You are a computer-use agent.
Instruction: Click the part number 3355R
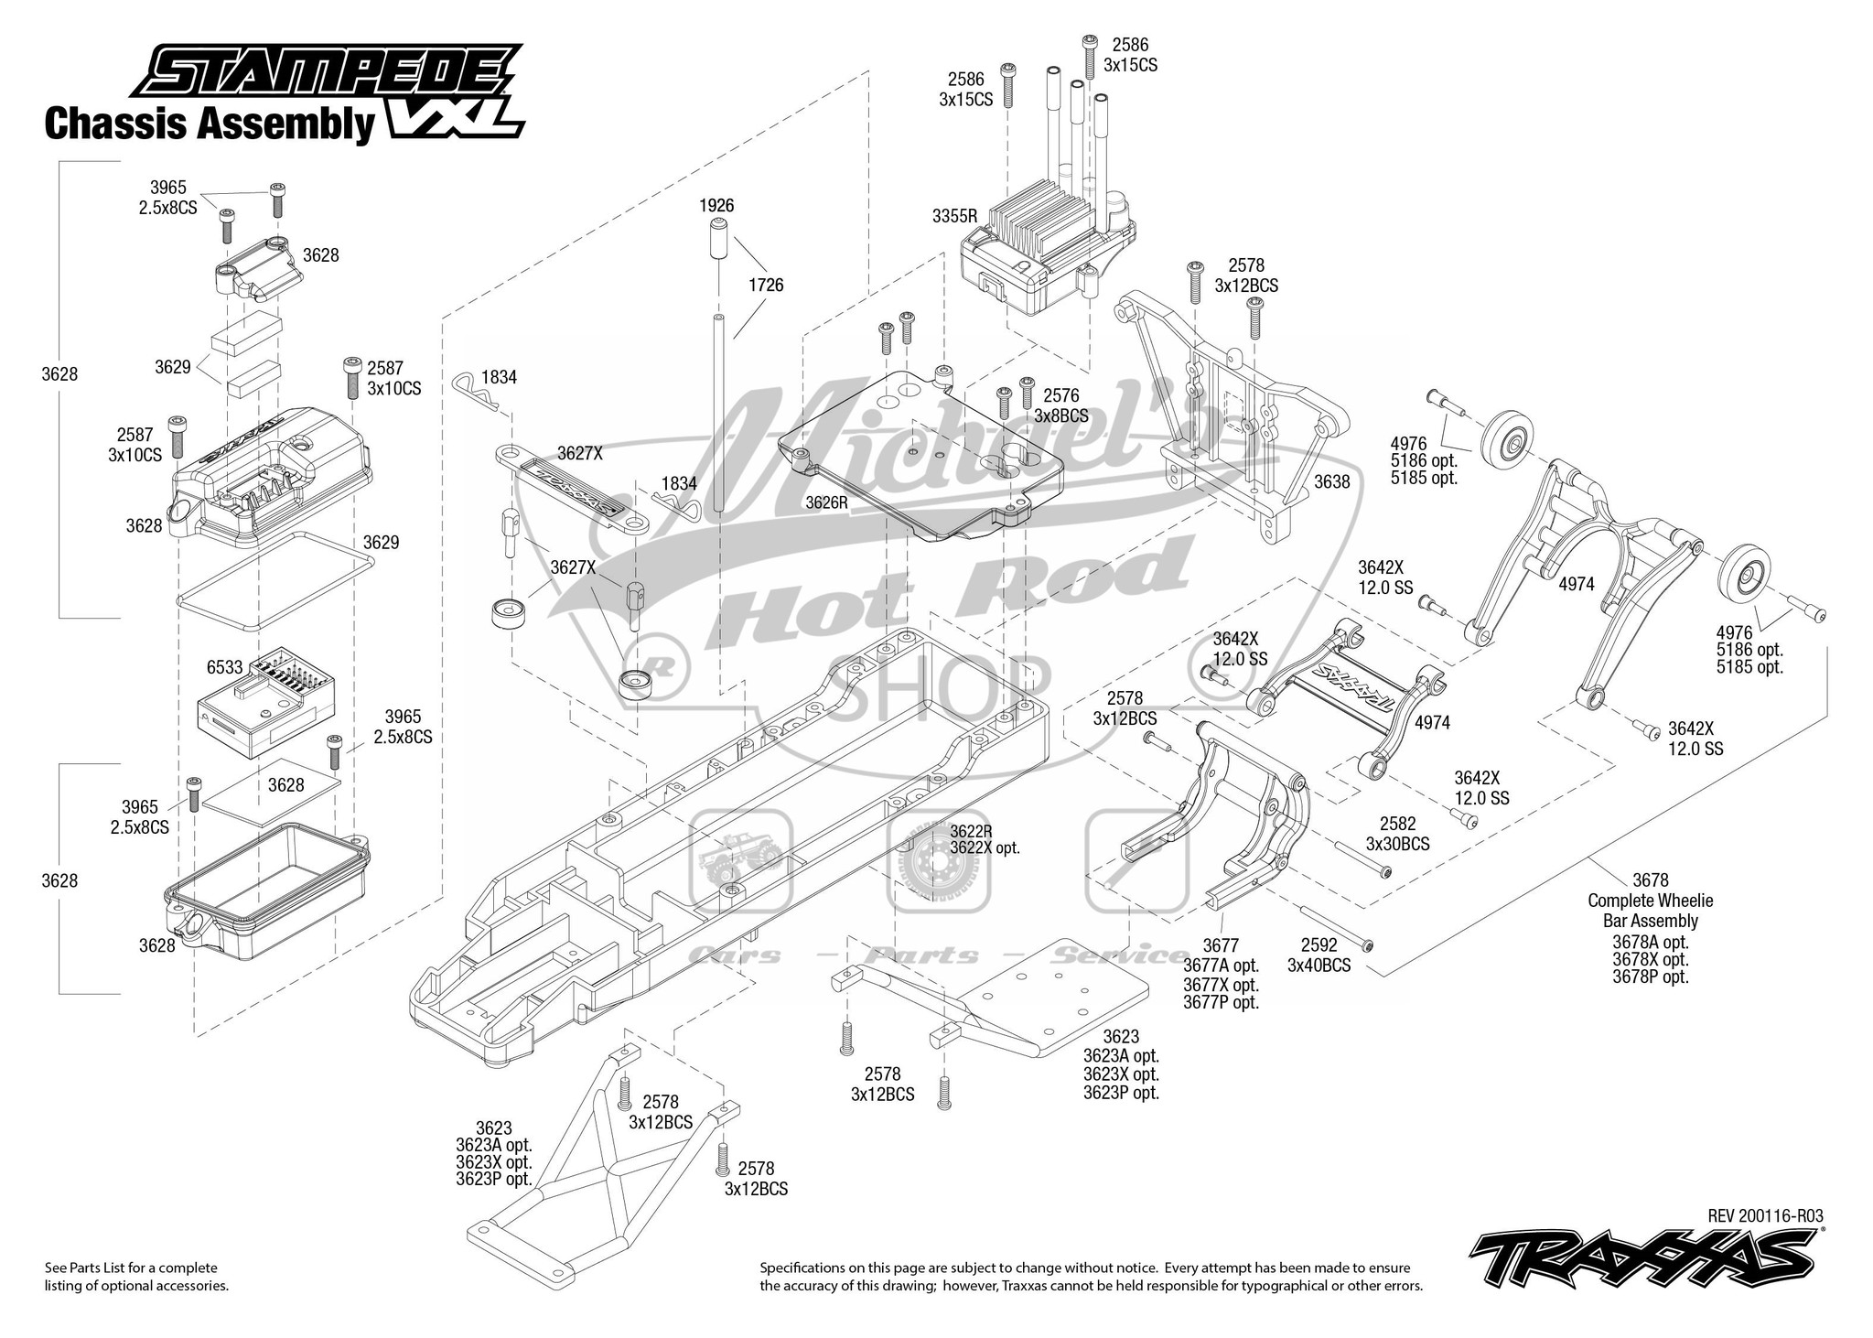(955, 216)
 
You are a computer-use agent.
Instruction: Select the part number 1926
(716, 206)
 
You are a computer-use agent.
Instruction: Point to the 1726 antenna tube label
(766, 285)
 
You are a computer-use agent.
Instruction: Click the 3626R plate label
(826, 502)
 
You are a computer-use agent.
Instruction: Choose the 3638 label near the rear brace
(1331, 481)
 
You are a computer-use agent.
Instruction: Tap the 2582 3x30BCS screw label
(1397, 833)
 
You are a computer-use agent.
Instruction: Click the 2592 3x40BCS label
(1319, 954)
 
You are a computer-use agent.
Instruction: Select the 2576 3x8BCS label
(1061, 405)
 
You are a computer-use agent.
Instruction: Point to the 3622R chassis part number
(971, 831)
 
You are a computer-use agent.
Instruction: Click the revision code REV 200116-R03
(1765, 1215)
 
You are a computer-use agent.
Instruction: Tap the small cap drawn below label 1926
(716, 241)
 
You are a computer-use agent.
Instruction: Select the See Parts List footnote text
(136, 1276)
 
